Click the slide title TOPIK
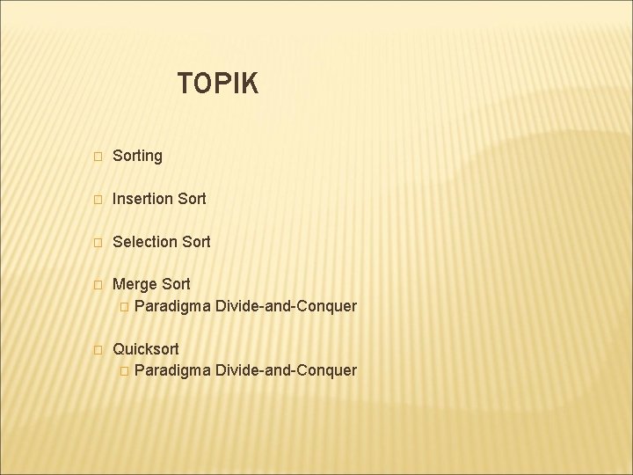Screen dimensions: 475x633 [x=217, y=84]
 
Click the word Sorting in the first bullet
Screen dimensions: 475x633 [x=138, y=156]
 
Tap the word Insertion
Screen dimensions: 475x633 [x=143, y=199]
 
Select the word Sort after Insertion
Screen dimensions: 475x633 [x=192, y=199]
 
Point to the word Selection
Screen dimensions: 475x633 [x=145, y=241]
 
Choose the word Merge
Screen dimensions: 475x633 [x=134, y=284]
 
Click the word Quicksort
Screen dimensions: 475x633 [x=146, y=349]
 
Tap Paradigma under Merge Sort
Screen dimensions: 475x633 [x=173, y=306]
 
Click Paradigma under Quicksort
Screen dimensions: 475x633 [x=173, y=370]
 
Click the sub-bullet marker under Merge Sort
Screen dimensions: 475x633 [x=124, y=307]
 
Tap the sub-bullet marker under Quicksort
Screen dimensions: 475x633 [x=124, y=371]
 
